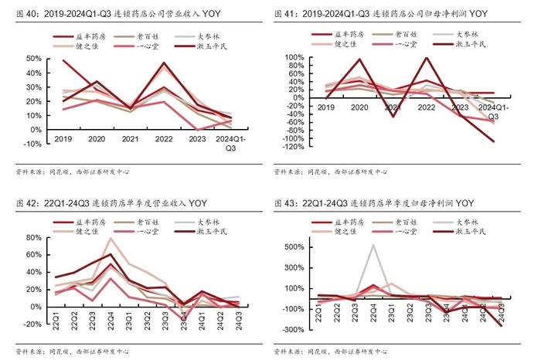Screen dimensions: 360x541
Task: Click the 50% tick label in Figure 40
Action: [x=33, y=59]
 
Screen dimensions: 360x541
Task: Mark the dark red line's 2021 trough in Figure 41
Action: [x=393, y=116]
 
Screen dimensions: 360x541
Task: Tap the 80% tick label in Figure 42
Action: [x=33, y=238]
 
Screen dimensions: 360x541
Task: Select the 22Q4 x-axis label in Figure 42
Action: [x=111, y=318]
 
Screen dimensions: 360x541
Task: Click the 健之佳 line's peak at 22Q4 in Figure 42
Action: [x=111, y=238]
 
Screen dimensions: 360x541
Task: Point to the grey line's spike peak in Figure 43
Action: [x=374, y=246]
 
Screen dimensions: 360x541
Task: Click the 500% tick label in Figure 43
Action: [x=296, y=247]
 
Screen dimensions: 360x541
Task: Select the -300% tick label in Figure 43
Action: [x=294, y=330]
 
